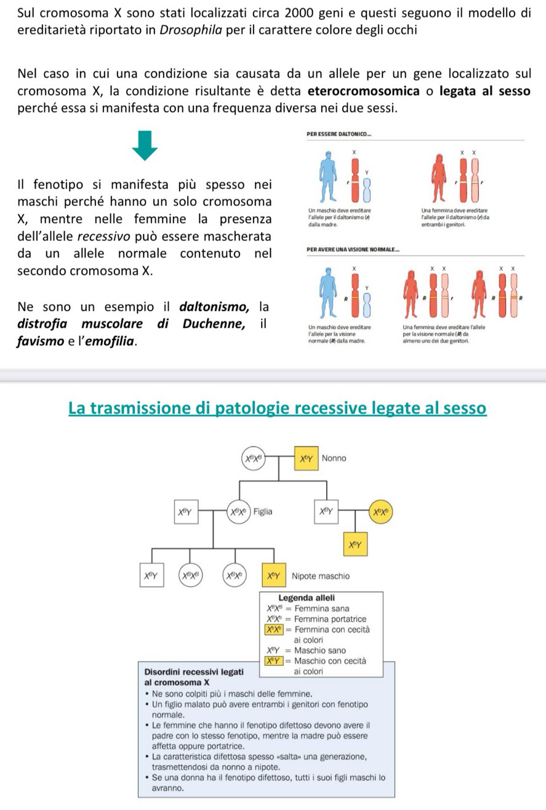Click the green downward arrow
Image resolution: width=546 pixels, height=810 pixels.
point(143,145)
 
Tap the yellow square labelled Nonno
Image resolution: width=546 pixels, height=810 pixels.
point(307,459)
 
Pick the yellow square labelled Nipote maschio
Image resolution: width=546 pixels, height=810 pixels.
point(273,577)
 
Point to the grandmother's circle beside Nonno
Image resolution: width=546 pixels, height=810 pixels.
point(251,459)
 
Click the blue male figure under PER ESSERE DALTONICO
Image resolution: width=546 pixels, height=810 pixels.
point(328,174)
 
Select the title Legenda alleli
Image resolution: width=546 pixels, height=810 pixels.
point(306,597)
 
